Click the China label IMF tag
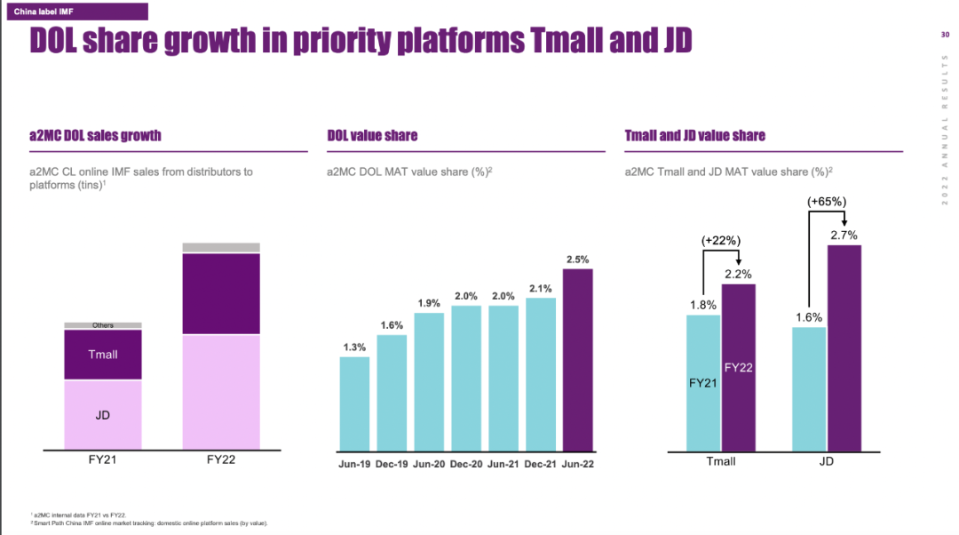[43, 11]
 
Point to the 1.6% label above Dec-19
[392, 325]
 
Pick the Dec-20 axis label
[466, 464]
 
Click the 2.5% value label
[577, 260]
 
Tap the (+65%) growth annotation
[826, 203]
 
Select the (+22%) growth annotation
[721, 240]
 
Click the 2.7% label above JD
[844, 235]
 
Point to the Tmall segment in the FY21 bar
[103, 355]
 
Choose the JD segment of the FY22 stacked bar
[221, 392]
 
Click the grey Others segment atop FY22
[221, 247]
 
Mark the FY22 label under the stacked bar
[221, 459]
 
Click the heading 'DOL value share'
[372, 136]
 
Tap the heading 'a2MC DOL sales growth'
[95, 136]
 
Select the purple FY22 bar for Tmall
[739, 366]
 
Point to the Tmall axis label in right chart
[720, 462]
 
